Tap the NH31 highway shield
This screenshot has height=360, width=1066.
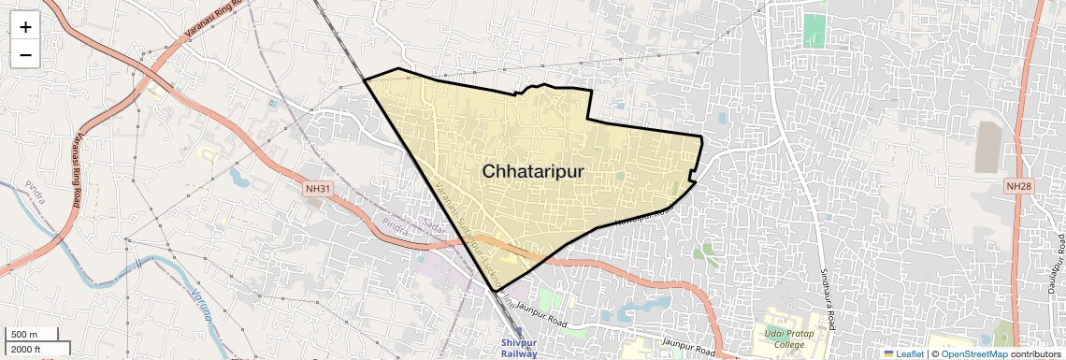pos(318,188)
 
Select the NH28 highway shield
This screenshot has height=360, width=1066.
pos(1018,186)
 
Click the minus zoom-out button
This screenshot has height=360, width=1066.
pos(25,55)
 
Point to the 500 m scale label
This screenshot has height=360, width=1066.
pos(24,335)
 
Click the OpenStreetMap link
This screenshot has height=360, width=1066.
pos(972,353)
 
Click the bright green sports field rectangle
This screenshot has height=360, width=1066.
pos(814,30)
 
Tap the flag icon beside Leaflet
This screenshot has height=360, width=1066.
pos(888,353)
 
